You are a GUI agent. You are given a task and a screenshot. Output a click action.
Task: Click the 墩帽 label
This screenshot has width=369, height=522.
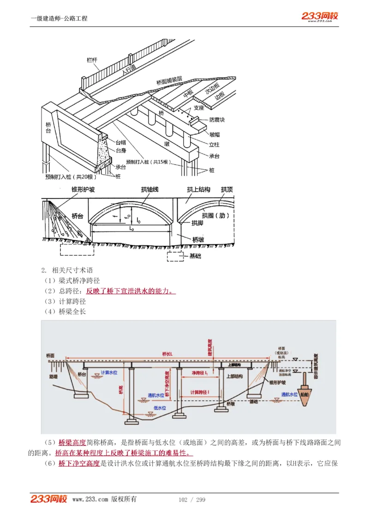tap(214, 135)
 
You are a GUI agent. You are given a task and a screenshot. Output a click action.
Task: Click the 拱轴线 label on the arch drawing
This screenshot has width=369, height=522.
tap(149, 190)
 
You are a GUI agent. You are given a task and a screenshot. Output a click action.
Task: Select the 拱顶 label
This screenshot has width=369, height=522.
tap(226, 190)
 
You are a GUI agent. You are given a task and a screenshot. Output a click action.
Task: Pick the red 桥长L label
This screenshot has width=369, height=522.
tap(167, 354)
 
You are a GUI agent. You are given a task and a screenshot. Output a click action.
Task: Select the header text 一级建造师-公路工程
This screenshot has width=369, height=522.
tap(59, 18)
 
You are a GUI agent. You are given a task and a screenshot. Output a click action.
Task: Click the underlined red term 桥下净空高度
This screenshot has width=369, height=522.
tap(79, 463)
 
